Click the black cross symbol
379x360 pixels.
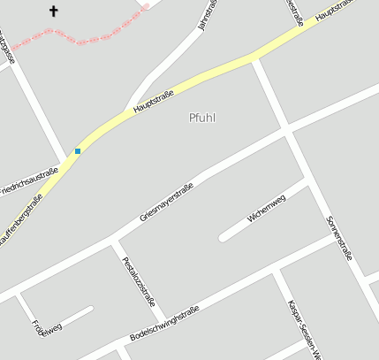(x=54, y=11)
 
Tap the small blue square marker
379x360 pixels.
(x=78, y=151)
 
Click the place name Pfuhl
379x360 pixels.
(x=202, y=117)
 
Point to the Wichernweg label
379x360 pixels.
(x=267, y=211)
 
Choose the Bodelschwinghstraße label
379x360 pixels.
(x=164, y=325)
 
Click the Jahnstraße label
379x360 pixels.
(x=208, y=16)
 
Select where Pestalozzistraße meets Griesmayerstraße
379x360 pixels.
(x=113, y=239)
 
